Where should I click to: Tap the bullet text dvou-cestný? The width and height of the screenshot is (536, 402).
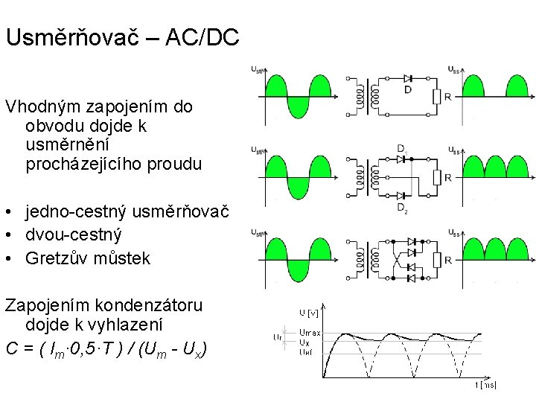point(74,236)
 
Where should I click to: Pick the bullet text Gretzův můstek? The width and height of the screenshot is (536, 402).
point(87,258)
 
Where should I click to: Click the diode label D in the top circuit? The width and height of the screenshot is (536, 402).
point(407,91)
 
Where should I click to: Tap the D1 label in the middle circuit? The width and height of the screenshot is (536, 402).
point(402,148)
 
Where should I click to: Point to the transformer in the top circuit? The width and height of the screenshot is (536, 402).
point(366,96)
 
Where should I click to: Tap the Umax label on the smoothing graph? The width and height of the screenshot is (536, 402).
point(310,333)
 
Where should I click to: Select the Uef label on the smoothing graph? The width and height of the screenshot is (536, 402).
point(306,351)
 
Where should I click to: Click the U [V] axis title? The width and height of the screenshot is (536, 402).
point(308,312)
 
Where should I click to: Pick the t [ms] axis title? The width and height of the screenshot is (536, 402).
point(485,385)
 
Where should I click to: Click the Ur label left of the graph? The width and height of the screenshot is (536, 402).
point(278,336)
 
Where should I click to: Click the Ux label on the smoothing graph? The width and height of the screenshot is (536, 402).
point(304,342)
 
